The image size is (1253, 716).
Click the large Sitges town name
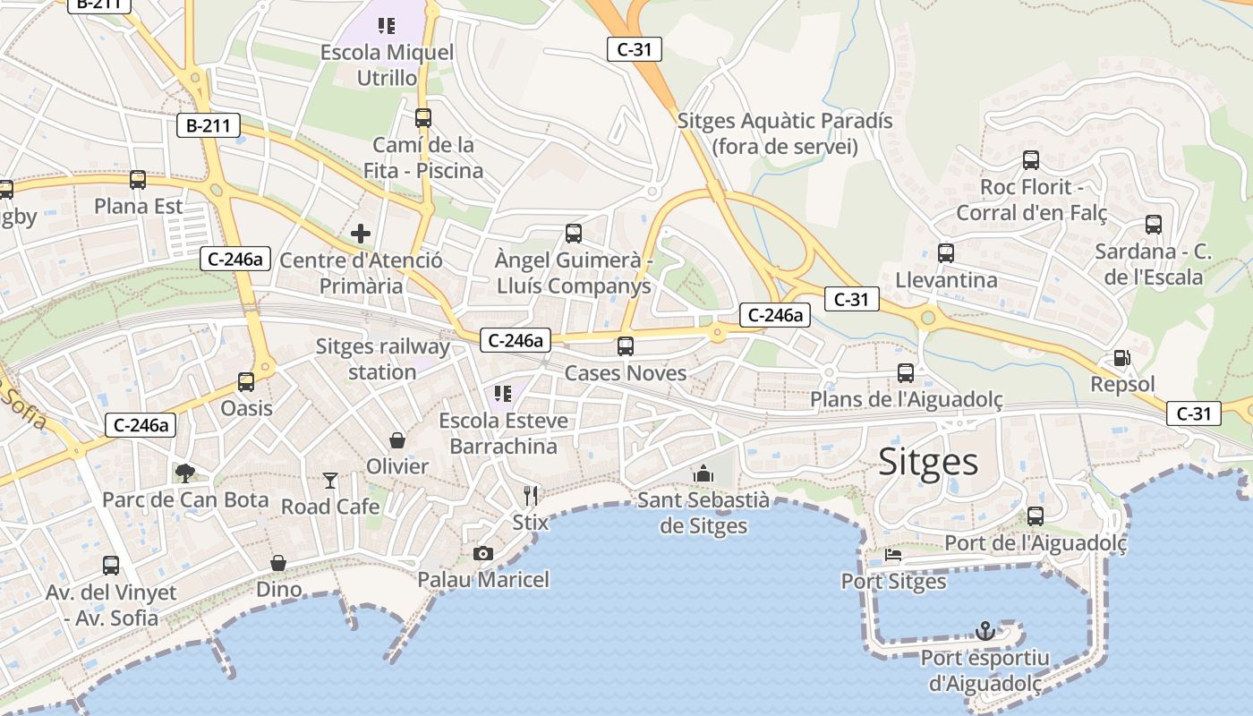coord(928,461)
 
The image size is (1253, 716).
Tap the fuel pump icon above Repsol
coord(1121,358)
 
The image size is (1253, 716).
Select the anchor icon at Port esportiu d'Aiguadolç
coord(984,631)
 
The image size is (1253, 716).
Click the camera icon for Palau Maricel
coord(483,553)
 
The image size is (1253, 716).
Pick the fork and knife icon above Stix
coord(531,495)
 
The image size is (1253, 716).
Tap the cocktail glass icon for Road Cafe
coord(330,481)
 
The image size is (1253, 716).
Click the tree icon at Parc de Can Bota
coord(185,473)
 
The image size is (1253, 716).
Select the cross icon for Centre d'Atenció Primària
coord(361,234)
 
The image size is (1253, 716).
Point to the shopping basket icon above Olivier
coord(397,440)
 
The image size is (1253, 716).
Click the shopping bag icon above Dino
coord(278,563)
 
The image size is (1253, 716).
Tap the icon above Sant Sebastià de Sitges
coord(703,473)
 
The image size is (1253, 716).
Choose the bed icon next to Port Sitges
coord(893,555)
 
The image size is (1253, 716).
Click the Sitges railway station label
coord(382,359)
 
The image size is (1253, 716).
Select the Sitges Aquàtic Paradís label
coord(785,133)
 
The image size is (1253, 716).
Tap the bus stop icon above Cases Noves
coord(626,346)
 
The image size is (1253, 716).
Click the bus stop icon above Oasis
coord(246,382)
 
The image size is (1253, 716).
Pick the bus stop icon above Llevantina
coord(946,253)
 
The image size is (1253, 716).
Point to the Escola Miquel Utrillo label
coord(387,65)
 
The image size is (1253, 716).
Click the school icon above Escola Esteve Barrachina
coord(502,394)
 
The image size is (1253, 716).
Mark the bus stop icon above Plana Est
coord(138,180)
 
